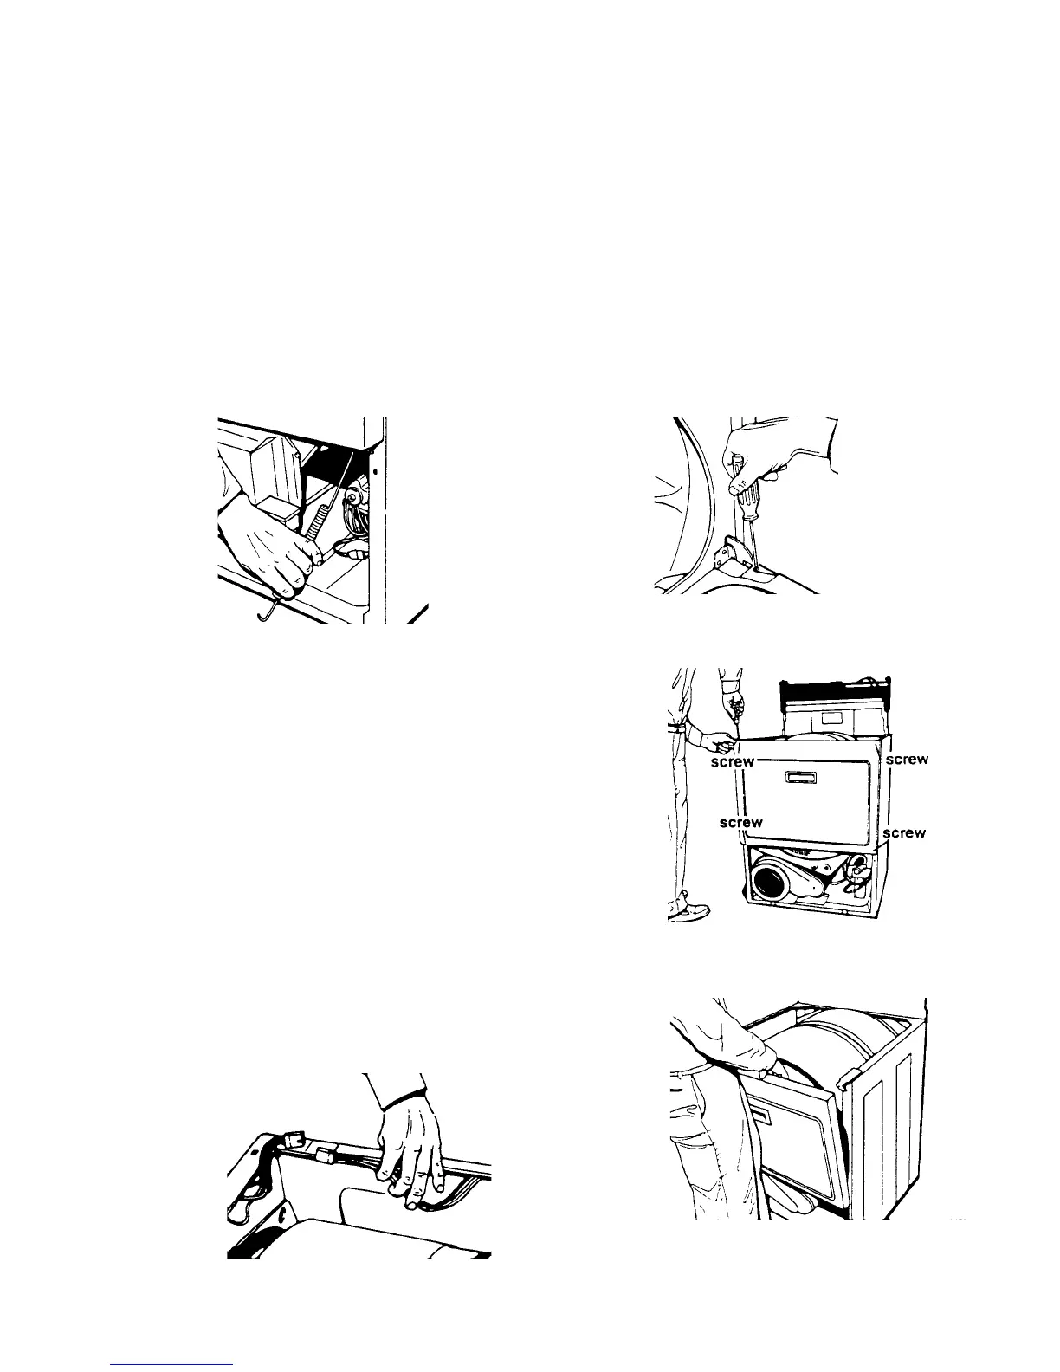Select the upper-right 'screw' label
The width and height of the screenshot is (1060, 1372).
(x=908, y=760)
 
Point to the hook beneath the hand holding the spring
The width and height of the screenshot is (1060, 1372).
(x=269, y=613)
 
